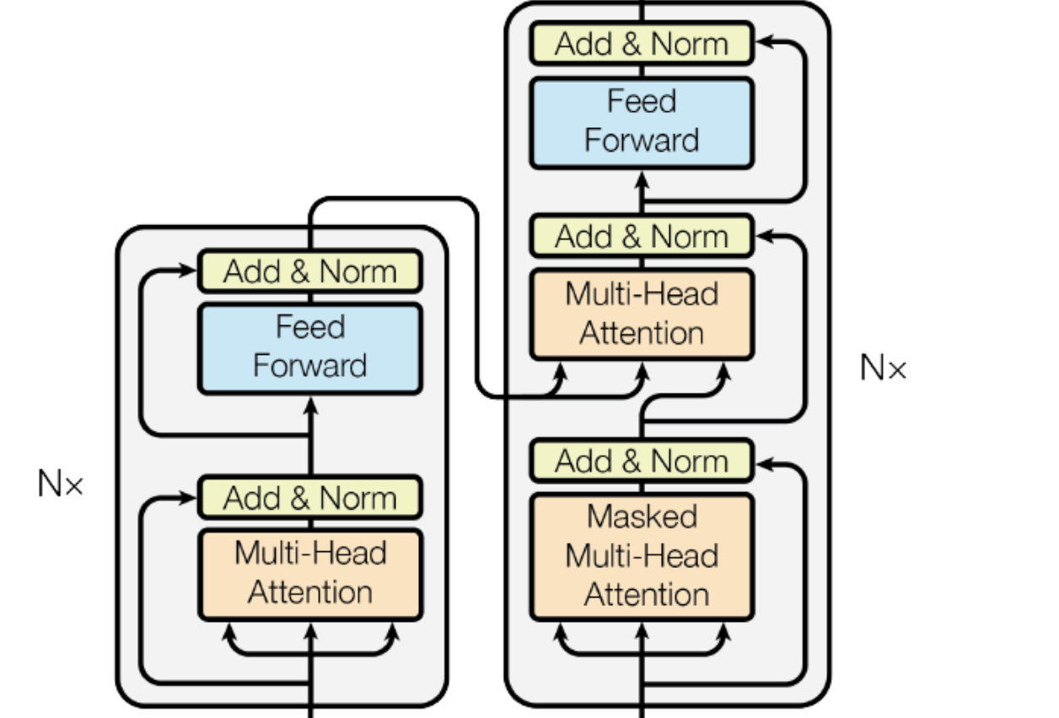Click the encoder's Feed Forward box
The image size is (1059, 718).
[309, 347]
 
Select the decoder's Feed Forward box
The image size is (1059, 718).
[641, 121]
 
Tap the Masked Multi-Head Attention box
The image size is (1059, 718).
[642, 556]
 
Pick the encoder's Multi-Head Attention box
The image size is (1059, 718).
[309, 573]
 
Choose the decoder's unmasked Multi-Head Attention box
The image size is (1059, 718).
[642, 314]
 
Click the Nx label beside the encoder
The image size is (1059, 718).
[61, 484]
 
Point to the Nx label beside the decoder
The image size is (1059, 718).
[883, 367]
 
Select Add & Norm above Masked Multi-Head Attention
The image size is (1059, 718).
[642, 461]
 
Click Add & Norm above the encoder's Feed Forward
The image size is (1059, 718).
[309, 271]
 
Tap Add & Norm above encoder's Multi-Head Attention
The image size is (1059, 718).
[309, 497]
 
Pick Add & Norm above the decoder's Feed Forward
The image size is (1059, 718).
[642, 44]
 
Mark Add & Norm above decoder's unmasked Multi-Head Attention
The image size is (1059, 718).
[642, 236]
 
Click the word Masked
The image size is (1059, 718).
[642, 517]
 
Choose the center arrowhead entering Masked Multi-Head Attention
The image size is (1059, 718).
[642, 630]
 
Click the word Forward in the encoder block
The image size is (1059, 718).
[309, 367]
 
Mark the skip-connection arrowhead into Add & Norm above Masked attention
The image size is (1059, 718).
[763, 461]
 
